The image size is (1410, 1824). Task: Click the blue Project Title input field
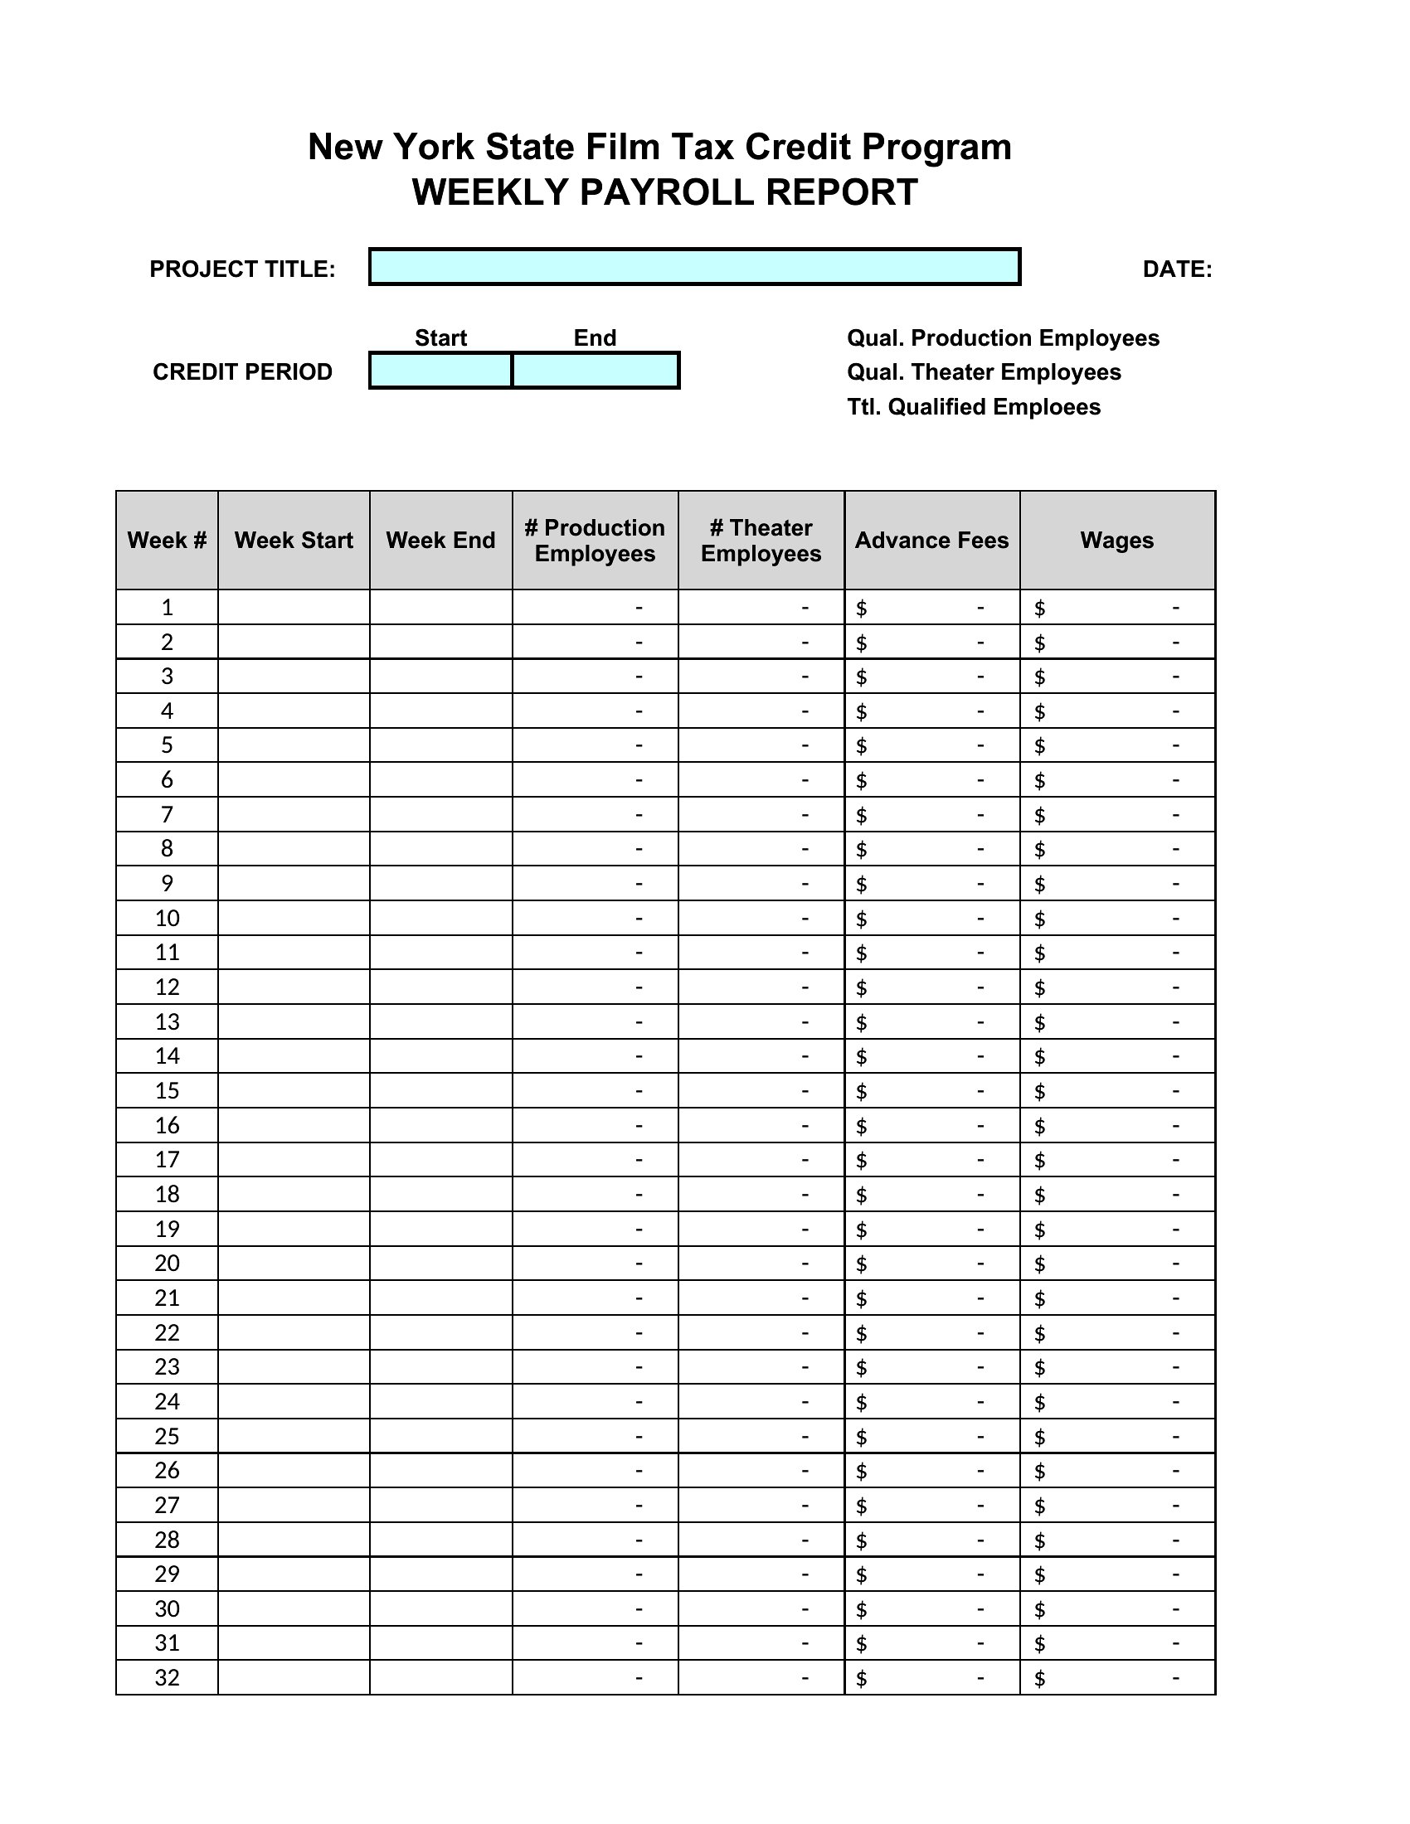(694, 267)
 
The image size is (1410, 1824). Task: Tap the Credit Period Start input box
(440, 371)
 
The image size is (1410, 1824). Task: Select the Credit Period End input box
(595, 371)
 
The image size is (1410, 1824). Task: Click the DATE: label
(1176, 269)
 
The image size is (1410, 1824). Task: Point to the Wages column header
(1117, 541)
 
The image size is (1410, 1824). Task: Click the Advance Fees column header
(931, 541)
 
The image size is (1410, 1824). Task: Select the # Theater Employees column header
(761, 541)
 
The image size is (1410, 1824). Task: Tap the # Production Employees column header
(595, 541)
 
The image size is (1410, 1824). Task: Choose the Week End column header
(440, 541)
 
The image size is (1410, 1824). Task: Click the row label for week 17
(167, 1159)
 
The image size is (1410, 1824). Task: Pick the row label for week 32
(167, 1677)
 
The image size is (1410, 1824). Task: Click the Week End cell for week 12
(440, 987)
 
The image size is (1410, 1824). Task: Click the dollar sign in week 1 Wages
(1039, 608)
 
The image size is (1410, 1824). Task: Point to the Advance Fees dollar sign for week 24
(861, 1402)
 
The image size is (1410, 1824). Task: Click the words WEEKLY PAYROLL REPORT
(665, 192)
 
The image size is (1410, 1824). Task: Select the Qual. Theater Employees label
(983, 371)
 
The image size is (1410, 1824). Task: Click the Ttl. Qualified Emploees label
(973, 407)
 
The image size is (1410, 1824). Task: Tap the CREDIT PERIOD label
(242, 371)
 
